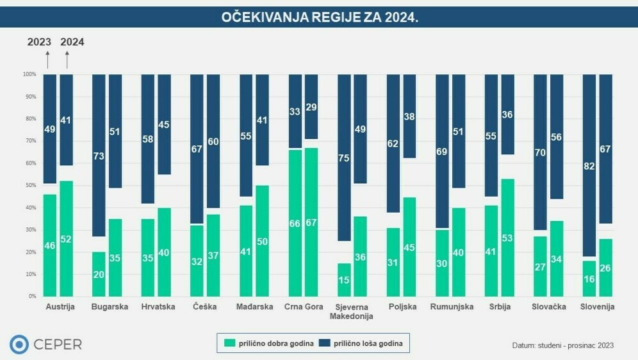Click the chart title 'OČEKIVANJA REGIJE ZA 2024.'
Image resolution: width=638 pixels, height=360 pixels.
coord(319,17)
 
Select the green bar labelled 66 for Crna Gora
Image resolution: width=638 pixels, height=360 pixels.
coord(295,223)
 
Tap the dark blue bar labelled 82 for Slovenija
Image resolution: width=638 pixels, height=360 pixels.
coord(589,165)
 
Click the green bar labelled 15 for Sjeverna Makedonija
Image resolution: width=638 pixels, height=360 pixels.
coord(344,280)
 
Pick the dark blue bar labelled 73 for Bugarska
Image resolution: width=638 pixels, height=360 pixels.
coord(99,156)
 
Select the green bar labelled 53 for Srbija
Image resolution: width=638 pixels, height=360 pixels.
coord(507,238)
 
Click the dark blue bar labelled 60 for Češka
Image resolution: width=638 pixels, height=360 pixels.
coord(213,141)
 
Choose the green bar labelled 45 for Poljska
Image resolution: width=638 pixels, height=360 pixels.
coord(409,247)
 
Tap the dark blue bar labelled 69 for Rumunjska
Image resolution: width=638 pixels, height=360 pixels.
coord(442,151)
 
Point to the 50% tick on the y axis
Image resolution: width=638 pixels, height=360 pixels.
coord(31,185)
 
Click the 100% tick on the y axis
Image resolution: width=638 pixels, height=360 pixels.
coord(30,74)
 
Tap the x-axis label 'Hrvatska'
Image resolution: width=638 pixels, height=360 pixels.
coord(158,307)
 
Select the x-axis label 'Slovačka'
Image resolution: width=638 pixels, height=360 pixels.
coord(549,307)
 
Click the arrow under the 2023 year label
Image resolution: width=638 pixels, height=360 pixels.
coord(47,59)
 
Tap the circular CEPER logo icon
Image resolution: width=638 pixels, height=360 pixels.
coord(19,345)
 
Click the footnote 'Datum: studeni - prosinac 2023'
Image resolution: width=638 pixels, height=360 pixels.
coord(562,345)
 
